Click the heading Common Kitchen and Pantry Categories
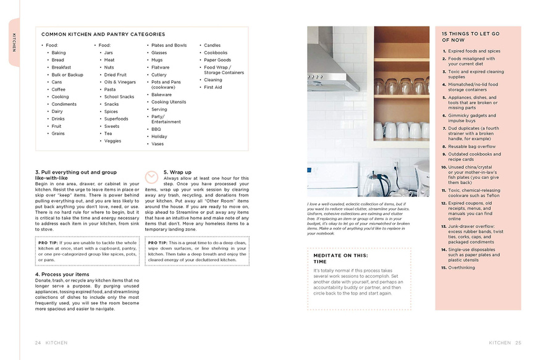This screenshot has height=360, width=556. [103, 35]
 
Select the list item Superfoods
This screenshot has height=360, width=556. [116, 119]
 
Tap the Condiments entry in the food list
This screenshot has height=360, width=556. [64, 104]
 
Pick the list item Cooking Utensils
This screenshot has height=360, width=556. [169, 102]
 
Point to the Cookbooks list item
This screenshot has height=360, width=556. [216, 52]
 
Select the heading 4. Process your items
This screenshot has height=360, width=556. [62, 274]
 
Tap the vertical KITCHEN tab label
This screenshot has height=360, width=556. [14, 41]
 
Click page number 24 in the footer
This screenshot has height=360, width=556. [38, 343]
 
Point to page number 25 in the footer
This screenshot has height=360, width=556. [518, 343]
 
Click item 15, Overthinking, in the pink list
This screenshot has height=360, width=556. [461, 268]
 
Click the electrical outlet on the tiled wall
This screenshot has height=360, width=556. [394, 167]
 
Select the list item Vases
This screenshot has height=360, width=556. [158, 144]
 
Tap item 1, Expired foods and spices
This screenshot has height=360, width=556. [474, 51]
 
